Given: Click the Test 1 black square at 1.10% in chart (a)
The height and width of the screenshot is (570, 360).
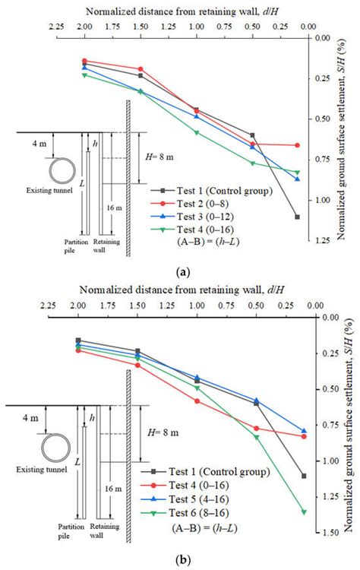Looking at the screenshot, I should pos(297,217).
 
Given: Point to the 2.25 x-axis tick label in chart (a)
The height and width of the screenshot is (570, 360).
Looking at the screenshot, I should pos(55,24).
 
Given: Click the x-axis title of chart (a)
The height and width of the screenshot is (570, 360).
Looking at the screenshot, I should pos(182,11).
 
